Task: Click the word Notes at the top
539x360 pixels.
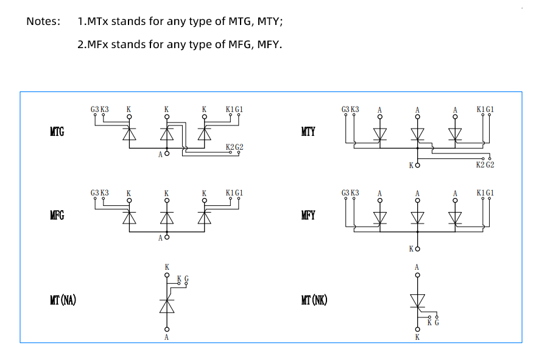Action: click(x=43, y=21)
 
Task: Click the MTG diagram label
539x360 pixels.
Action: click(x=57, y=132)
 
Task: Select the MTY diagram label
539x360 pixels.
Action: click(x=308, y=132)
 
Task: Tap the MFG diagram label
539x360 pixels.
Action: click(x=57, y=215)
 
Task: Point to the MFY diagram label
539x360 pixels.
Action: click(x=308, y=215)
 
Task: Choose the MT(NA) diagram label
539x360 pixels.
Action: click(x=63, y=300)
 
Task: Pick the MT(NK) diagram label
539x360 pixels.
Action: click(x=314, y=300)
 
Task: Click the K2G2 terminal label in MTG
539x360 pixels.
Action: click(x=234, y=147)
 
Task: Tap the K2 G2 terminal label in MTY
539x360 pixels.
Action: click(x=485, y=164)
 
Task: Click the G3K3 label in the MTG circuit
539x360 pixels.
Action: click(x=100, y=110)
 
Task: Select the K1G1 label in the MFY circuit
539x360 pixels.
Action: click(x=485, y=193)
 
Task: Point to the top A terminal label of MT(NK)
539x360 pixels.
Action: click(x=417, y=267)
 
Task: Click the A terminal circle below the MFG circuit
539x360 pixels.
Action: click(x=167, y=237)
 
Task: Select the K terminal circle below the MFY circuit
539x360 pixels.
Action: click(x=418, y=249)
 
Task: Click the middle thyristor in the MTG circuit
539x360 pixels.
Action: click(x=167, y=135)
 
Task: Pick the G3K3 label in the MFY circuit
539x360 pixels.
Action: click(x=351, y=193)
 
